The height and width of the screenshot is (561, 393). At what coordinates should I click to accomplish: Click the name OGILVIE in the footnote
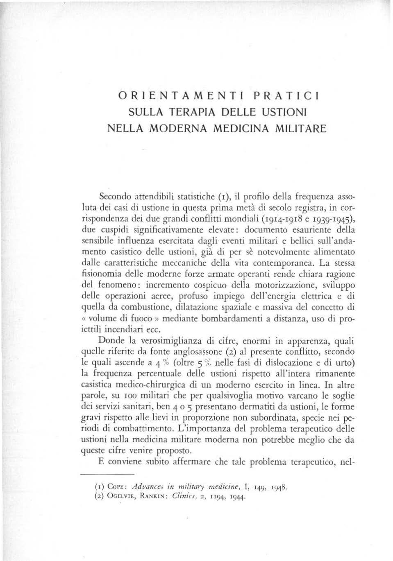click(x=115, y=497)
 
